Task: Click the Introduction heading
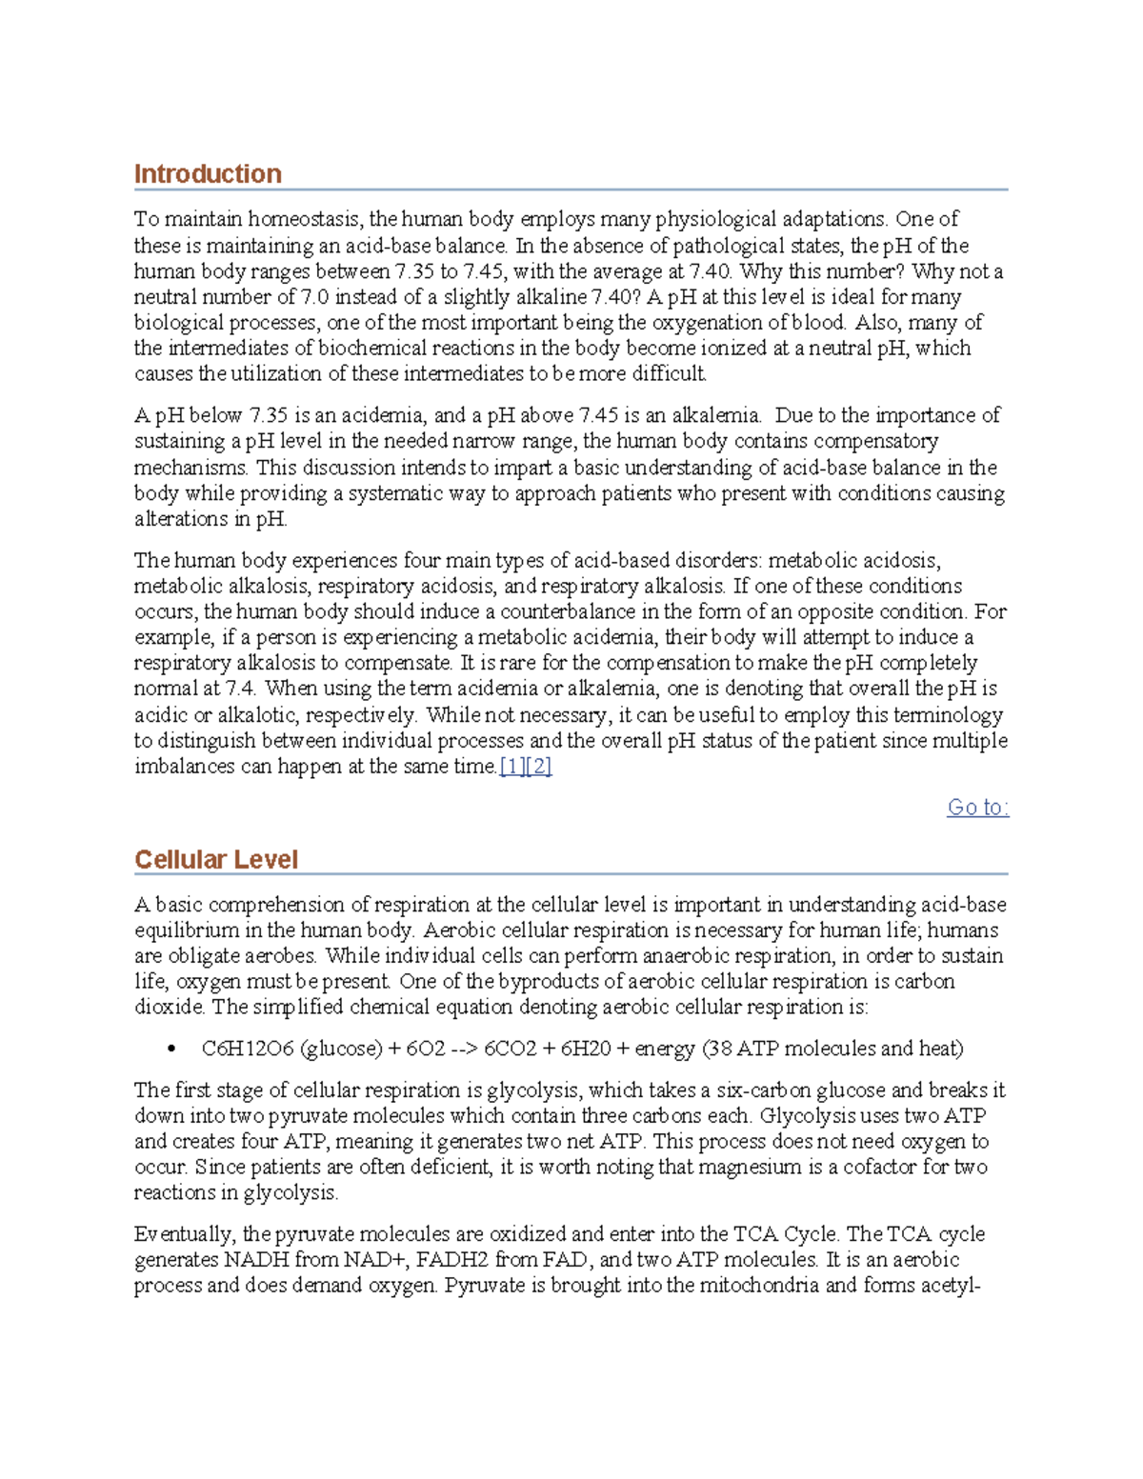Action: pyautogui.click(x=208, y=174)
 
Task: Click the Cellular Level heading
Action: pyautogui.click(x=216, y=859)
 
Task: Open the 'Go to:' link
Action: pyautogui.click(x=977, y=808)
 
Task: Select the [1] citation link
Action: pyautogui.click(x=512, y=767)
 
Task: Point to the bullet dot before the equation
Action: pyautogui.click(x=171, y=1049)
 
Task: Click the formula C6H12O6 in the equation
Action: pyautogui.click(x=248, y=1049)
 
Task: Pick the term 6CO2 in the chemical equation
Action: pyautogui.click(x=510, y=1049)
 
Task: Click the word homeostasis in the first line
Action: pyautogui.click(x=304, y=220)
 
